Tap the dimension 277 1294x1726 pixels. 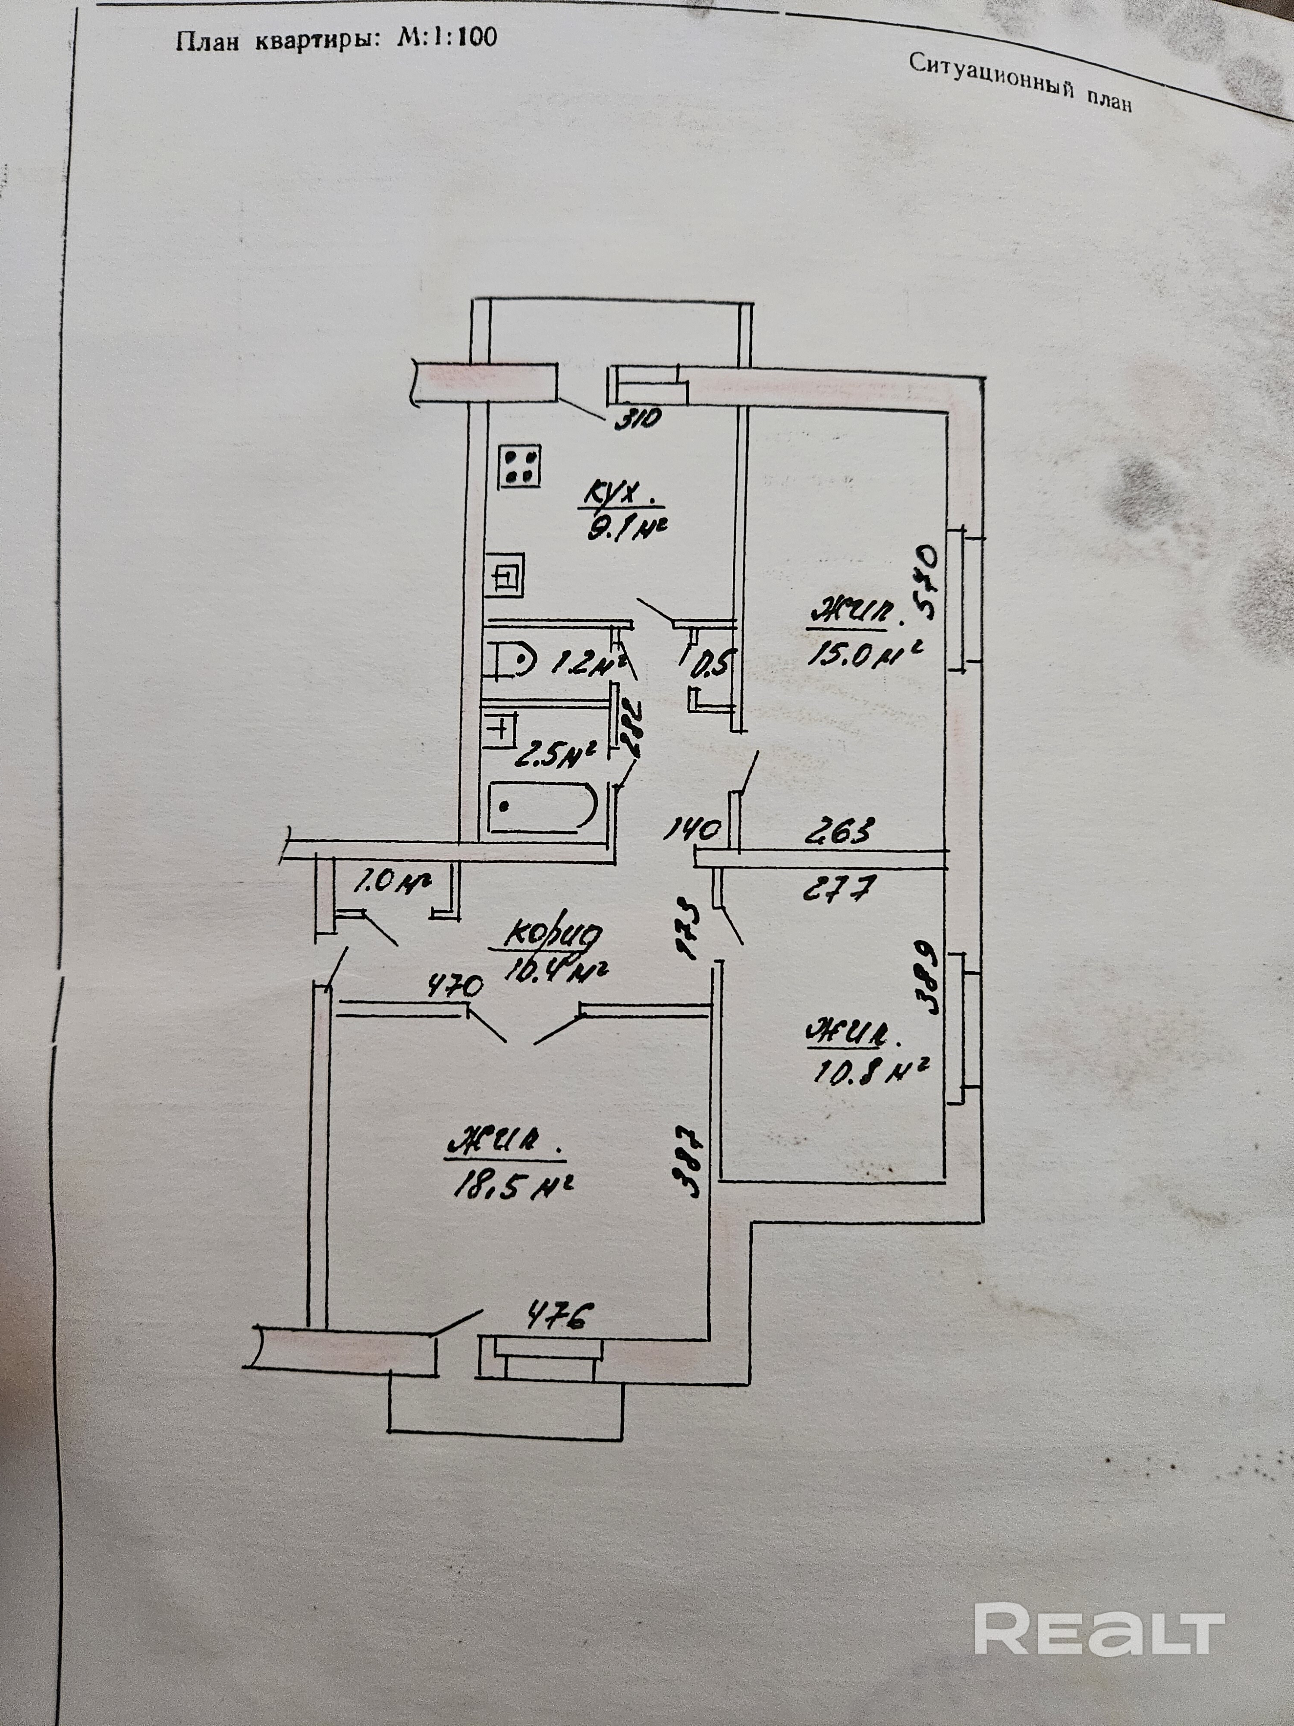click(x=835, y=889)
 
